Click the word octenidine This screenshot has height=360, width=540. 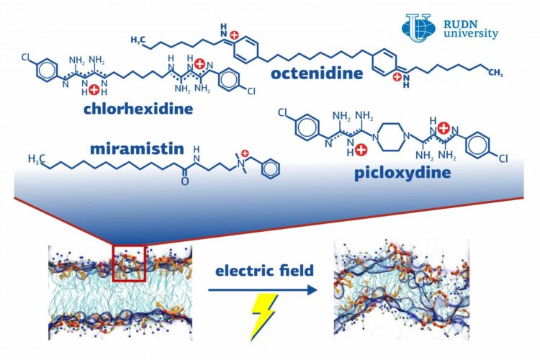tap(316, 74)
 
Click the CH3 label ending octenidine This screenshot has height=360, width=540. tap(495, 72)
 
